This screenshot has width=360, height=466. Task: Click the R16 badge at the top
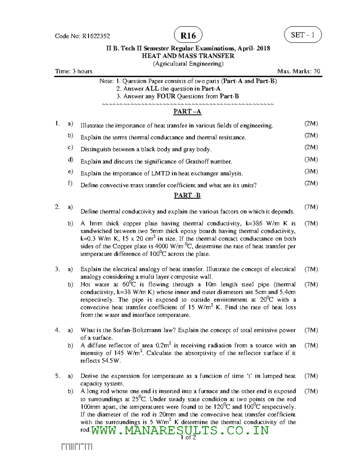click(x=188, y=36)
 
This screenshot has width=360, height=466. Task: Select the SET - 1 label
click(x=303, y=35)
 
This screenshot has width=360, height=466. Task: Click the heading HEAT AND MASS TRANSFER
click(x=188, y=56)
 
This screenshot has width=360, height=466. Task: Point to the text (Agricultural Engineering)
click(x=188, y=64)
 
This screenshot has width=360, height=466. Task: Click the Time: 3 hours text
click(x=73, y=71)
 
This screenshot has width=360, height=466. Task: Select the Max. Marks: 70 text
click(x=298, y=71)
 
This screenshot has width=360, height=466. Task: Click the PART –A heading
click(x=187, y=112)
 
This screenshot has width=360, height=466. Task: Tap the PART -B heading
click(x=187, y=195)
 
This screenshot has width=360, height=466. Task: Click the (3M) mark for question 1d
click(x=311, y=160)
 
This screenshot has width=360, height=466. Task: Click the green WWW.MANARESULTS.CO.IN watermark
click(x=180, y=431)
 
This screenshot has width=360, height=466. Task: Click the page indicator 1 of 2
click(x=188, y=437)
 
